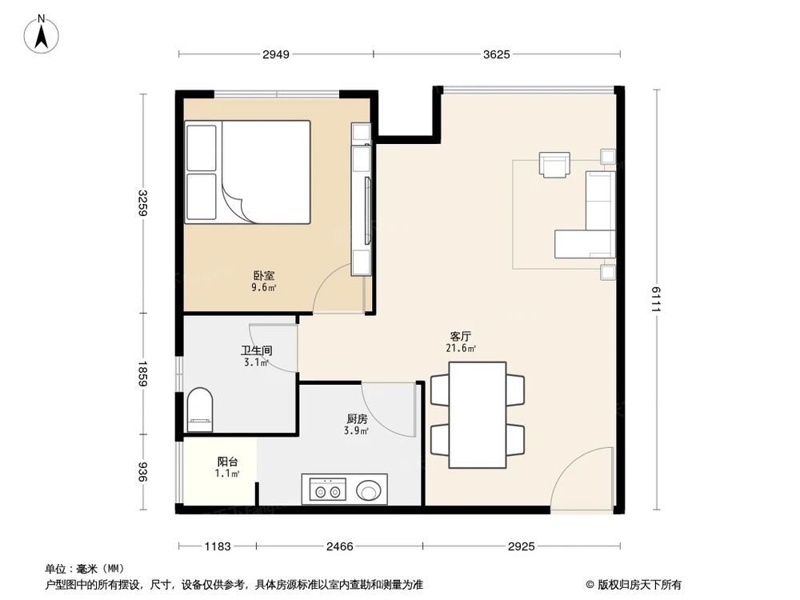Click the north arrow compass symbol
click(42, 34)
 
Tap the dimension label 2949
click(276, 54)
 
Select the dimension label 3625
click(497, 54)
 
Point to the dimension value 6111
click(656, 299)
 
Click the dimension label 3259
click(142, 202)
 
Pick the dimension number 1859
click(142, 374)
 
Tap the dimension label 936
click(142, 472)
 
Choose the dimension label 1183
click(218, 546)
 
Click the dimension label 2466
click(340, 546)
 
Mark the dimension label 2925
click(522, 546)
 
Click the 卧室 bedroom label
click(264, 276)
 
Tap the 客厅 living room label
click(461, 337)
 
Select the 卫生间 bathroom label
click(257, 350)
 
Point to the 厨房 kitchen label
click(357, 419)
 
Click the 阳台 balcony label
click(227, 462)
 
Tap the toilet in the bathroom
click(200, 410)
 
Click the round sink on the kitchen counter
click(368, 491)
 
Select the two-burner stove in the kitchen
click(327, 490)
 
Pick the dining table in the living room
click(478, 414)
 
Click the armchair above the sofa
click(554, 165)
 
